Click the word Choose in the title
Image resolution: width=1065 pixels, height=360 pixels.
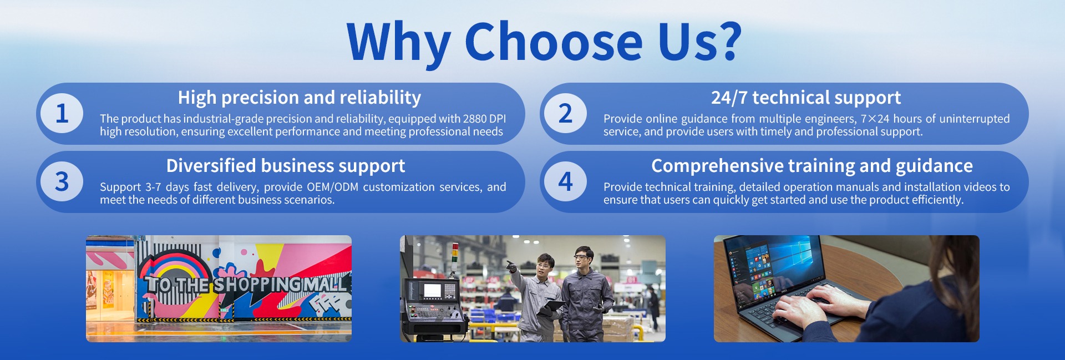pos(554,42)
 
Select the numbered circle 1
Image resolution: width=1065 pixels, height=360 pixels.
pos(62,113)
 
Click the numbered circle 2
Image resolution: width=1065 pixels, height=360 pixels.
pos(565,113)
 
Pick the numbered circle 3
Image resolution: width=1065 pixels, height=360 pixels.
pos(62,181)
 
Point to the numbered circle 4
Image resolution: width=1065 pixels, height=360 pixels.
pos(565,181)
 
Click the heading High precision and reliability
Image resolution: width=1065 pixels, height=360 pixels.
pos(300,98)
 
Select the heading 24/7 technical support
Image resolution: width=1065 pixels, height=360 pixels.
pos(806,98)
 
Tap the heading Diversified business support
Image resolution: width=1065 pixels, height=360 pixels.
pos(286,166)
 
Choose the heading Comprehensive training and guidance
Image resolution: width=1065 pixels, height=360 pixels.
pos(812,166)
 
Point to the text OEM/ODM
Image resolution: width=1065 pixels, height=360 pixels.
pos(331,187)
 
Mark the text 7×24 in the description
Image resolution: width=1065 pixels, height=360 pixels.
pos(875,119)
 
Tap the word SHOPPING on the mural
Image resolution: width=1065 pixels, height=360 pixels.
pos(257,285)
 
